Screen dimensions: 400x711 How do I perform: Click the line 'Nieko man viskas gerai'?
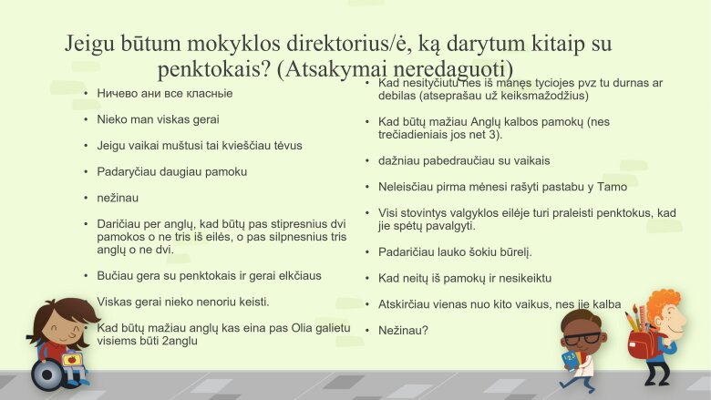pyautogui.click(x=158, y=118)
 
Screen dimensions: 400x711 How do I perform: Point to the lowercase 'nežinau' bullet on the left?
pyautogui.click(x=118, y=197)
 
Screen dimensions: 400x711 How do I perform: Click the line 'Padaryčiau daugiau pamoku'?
pyautogui.click(x=171, y=170)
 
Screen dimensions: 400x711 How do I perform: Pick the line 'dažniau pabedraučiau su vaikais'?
pyautogui.click(x=464, y=160)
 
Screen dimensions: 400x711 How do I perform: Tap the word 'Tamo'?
pyautogui.click(x=603, y=186)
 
